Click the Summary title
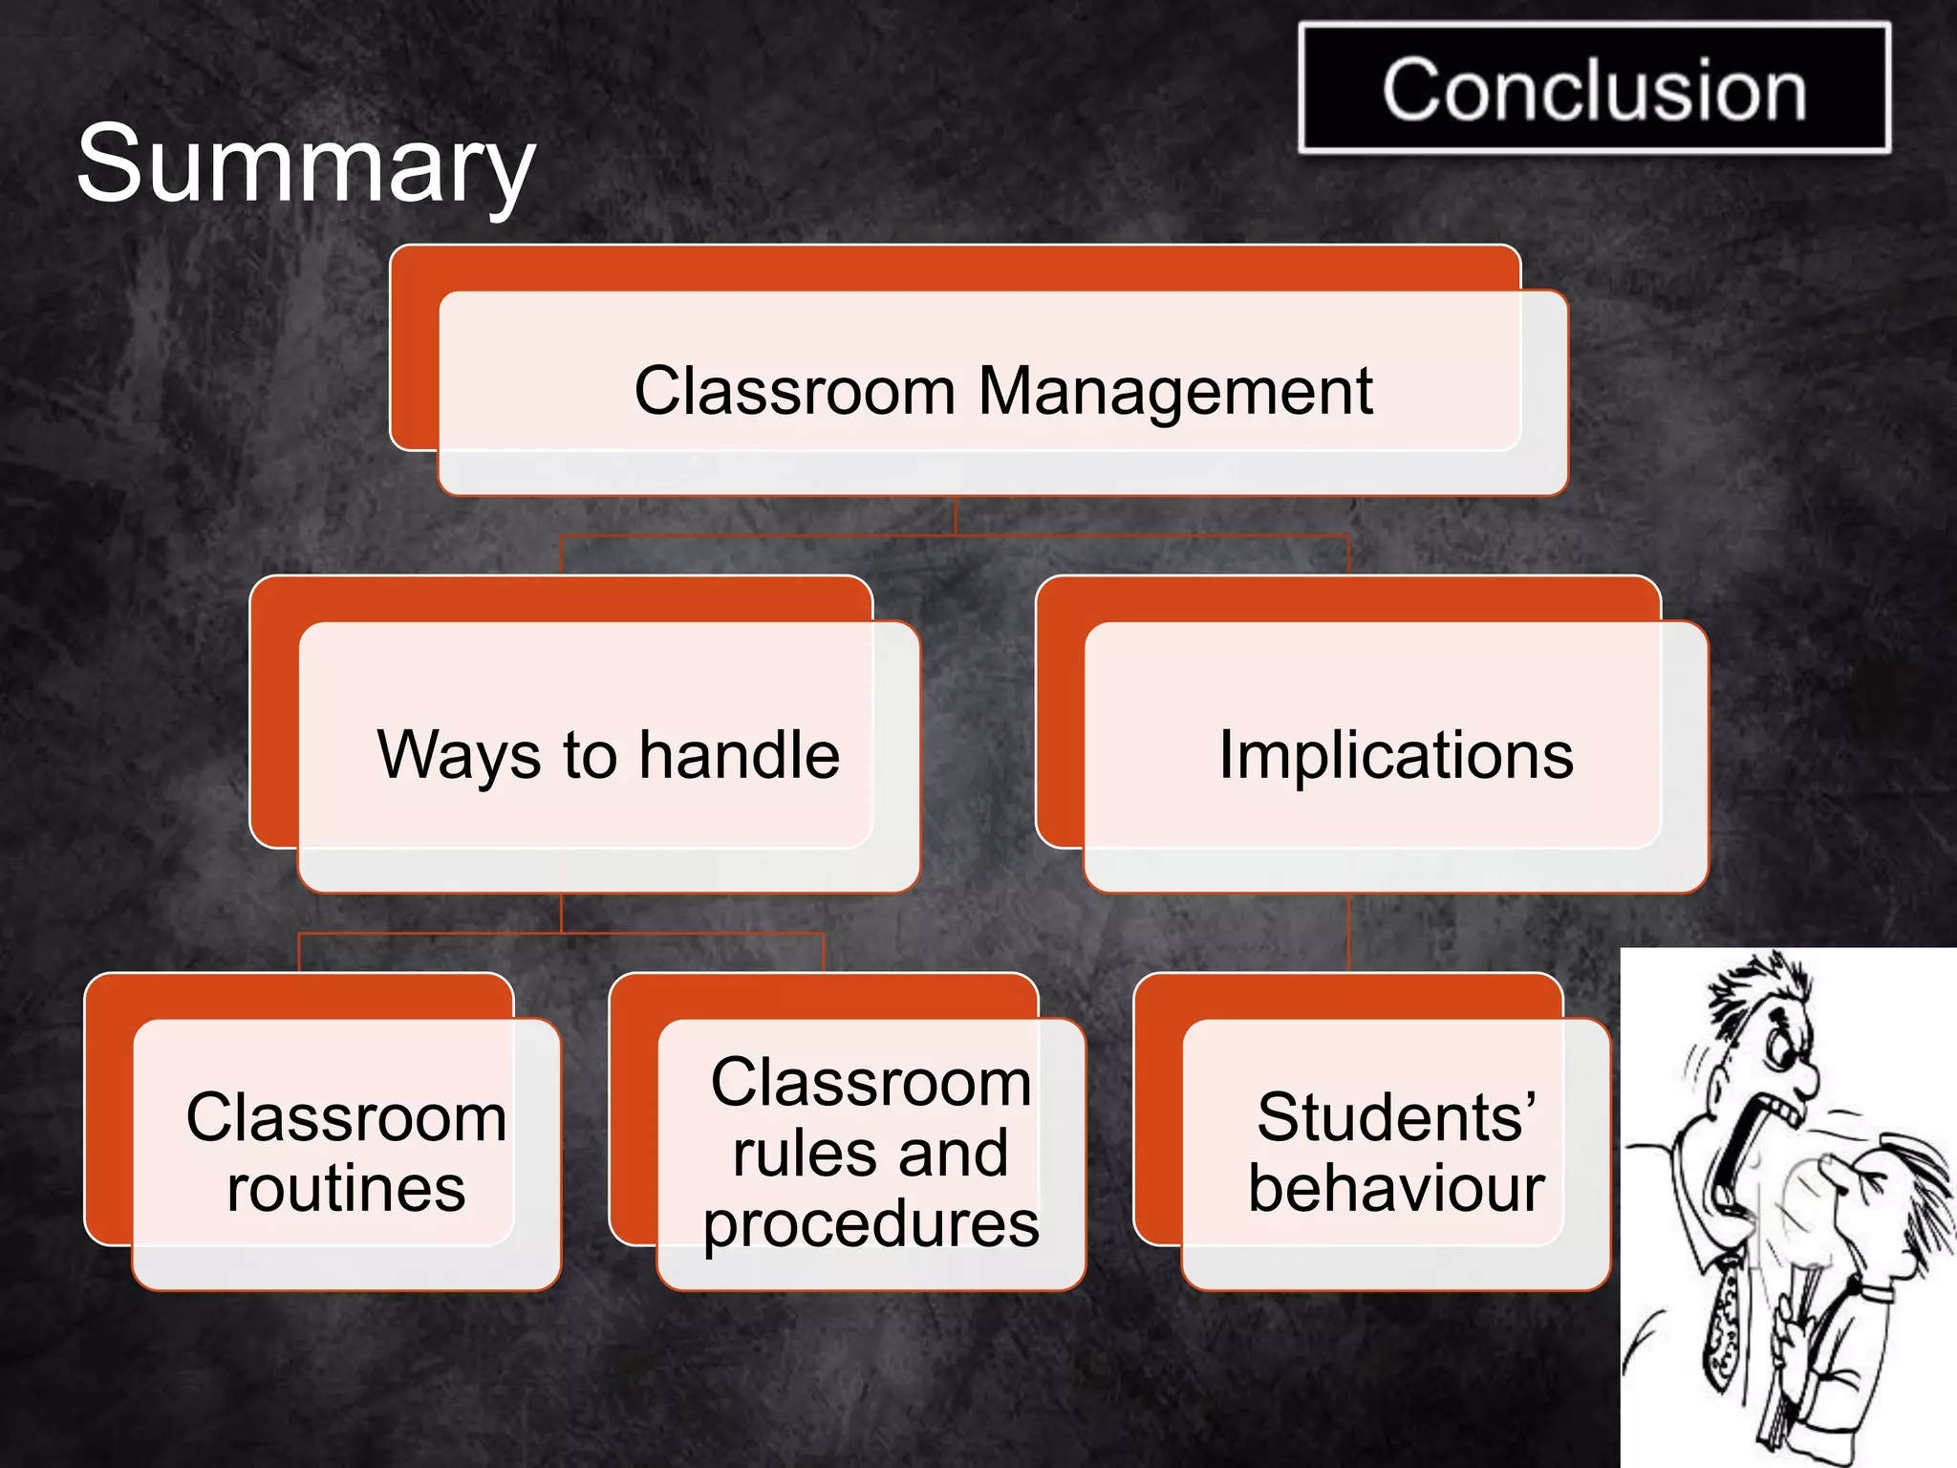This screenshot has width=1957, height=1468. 306,164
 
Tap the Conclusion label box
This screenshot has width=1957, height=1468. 1594,89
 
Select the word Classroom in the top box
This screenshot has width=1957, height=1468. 795,392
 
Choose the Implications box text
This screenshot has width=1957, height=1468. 1396,755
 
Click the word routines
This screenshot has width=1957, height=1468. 346,1189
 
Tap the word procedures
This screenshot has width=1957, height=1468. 871,1224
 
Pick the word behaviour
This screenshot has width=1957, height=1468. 1396,1189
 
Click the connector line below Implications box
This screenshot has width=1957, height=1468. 1348,932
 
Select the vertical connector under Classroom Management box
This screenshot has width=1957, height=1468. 956,516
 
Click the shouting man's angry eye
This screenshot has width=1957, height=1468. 1779,1051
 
